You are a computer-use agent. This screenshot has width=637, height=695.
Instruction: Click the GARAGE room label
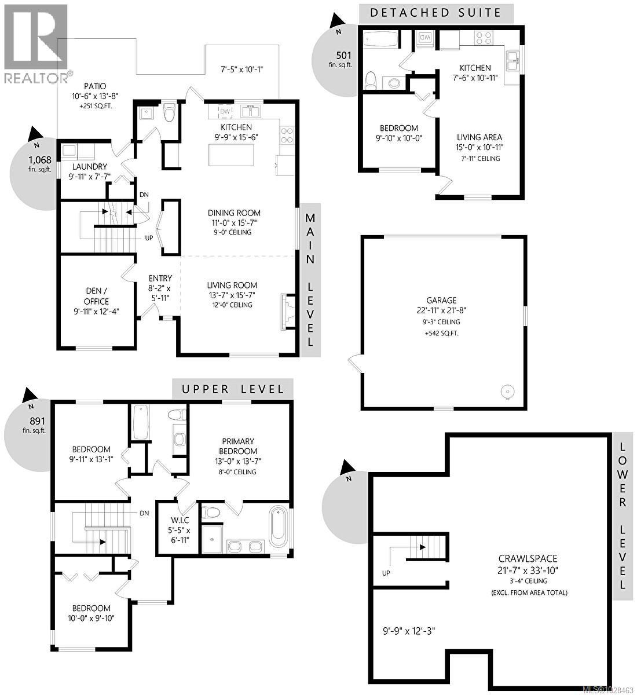pyautogui.click(x=442, y=300)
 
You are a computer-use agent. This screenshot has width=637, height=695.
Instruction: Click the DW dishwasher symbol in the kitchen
pyautogui.click(x=225, y=111)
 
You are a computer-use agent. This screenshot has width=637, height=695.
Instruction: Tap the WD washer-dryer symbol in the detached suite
pyautogui.click(x=424, y=38)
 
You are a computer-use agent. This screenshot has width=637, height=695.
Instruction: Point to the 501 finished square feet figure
pyautogui.click(x=345, y=56)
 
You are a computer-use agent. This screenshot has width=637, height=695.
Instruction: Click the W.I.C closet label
pyautogui.click(x=180, y=520)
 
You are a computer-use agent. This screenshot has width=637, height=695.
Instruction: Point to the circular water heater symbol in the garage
pyautogui.click(x=507, y=392)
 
